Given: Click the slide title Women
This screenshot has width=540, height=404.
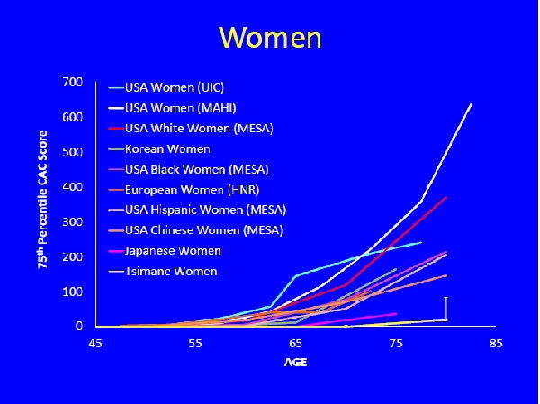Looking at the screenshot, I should (x=270, y=38).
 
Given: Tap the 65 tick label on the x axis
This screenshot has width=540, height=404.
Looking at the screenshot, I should (x=296, y=343).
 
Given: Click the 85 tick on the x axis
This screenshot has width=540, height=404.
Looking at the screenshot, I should (x=495, y=343).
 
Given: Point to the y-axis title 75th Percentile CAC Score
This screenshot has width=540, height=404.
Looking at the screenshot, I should (x=42, y=203).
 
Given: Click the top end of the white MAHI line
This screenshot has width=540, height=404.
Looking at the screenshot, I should (x=471, y=104).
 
